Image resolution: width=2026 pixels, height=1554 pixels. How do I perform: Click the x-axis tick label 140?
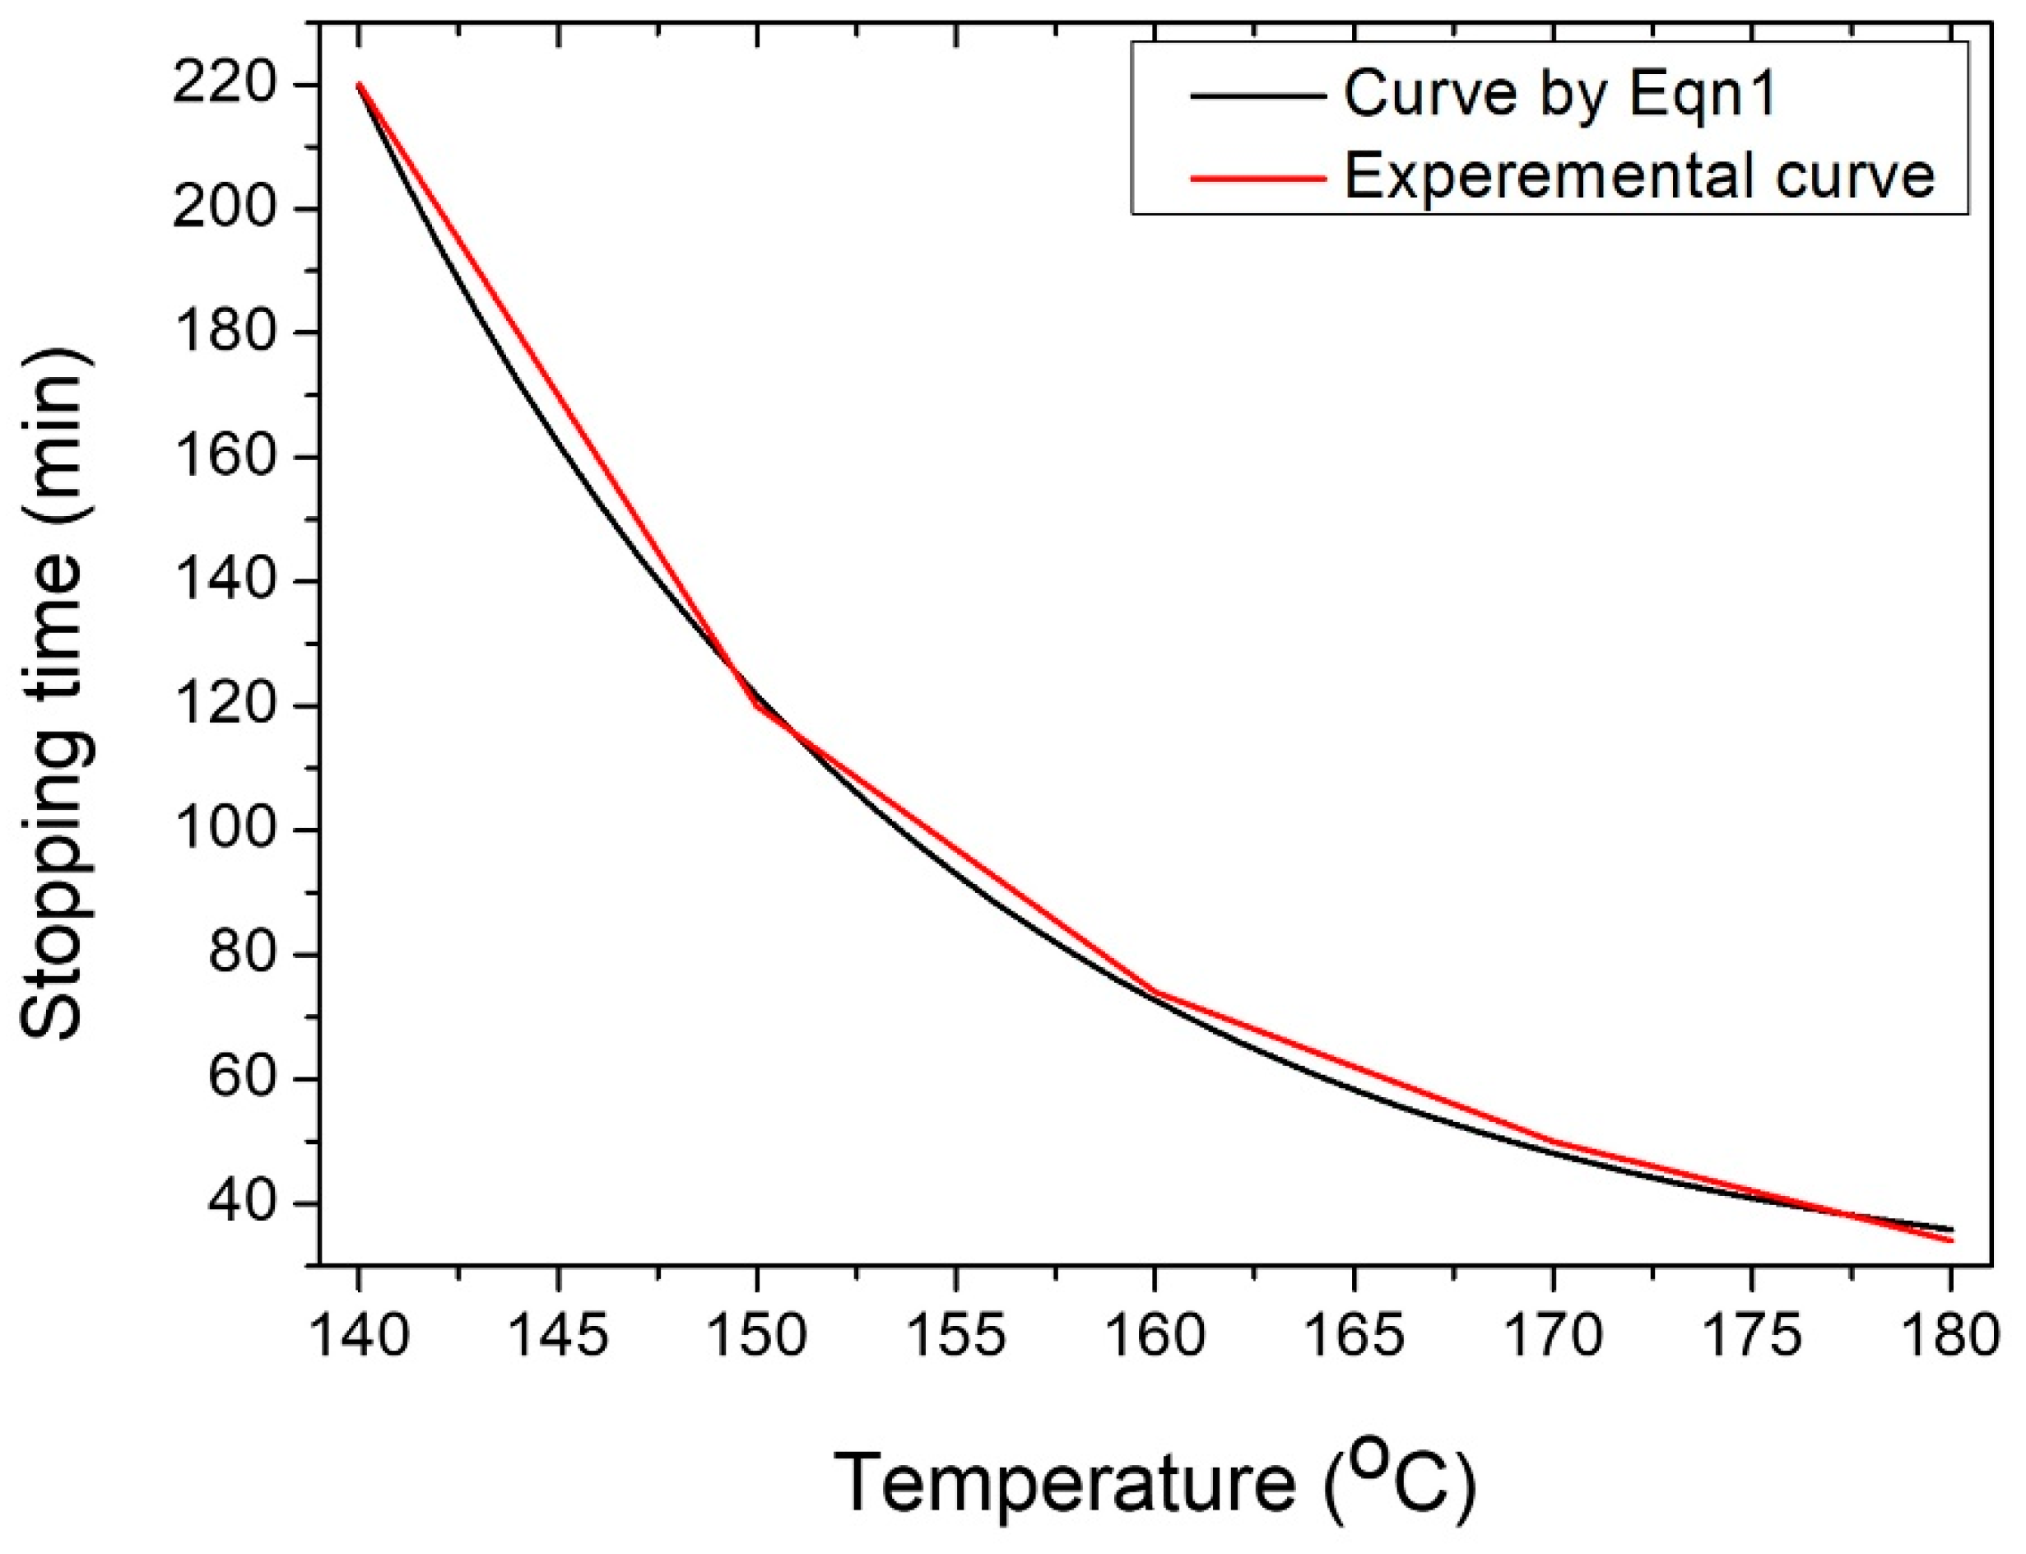pos(359,1338)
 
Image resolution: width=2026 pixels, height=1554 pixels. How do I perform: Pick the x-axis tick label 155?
pos(955,1338)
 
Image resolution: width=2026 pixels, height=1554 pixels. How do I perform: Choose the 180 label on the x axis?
pos(1951,1338)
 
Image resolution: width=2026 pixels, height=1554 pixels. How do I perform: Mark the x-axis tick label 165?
pos(1354,1338)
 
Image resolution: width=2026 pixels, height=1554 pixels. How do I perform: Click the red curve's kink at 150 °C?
pos(757,705)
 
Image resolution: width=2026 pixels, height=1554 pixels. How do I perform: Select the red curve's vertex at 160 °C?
pos(1155,992)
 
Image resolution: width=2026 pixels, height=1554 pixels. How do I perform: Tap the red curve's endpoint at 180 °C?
pos(1951,1240)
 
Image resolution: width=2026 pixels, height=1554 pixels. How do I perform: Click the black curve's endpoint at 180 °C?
pos(1951,1230)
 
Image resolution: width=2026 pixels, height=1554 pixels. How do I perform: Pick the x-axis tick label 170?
pos(1553,1338)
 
